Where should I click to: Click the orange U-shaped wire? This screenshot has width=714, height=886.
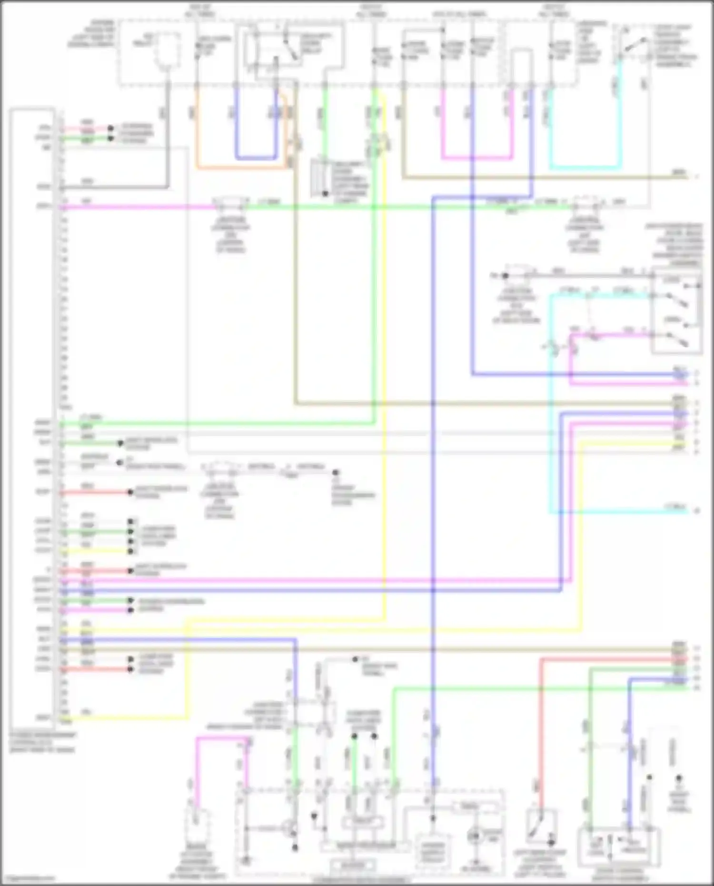[238, 168]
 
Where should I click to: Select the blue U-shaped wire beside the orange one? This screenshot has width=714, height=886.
[256, 158]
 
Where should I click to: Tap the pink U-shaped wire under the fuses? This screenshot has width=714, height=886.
[476, 158]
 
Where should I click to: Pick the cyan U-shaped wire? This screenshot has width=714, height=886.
[585, 168]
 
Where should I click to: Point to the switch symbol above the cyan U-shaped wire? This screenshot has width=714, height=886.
[633, 45]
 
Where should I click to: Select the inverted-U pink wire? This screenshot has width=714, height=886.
[221, 739]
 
